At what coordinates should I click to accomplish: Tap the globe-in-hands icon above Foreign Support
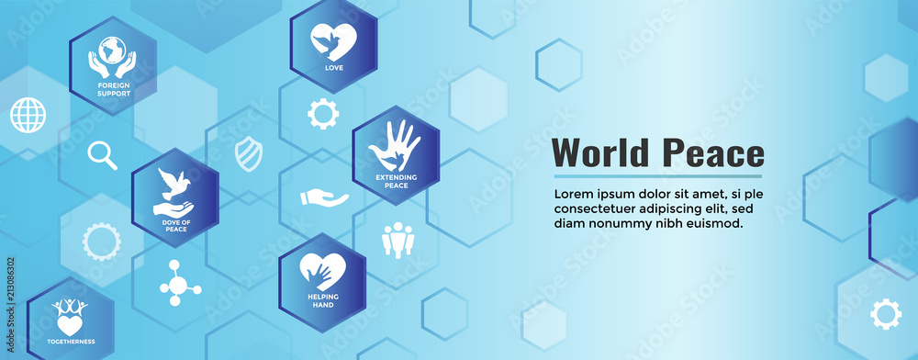click(x=112, y=56)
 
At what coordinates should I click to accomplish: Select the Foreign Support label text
click(x=113, y=90)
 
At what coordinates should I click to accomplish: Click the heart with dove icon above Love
click(x=333, y=41)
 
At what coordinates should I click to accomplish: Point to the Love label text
click(x=333, y=68)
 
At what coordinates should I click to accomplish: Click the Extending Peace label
click(x=396, y=180)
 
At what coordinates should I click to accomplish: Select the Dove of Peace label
click(x=174, y=225)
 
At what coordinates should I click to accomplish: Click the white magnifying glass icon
click(x=102, y=155)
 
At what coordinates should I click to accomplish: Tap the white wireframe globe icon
click(x=28, y=115)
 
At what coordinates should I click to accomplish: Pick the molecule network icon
click(x=179, y=282)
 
